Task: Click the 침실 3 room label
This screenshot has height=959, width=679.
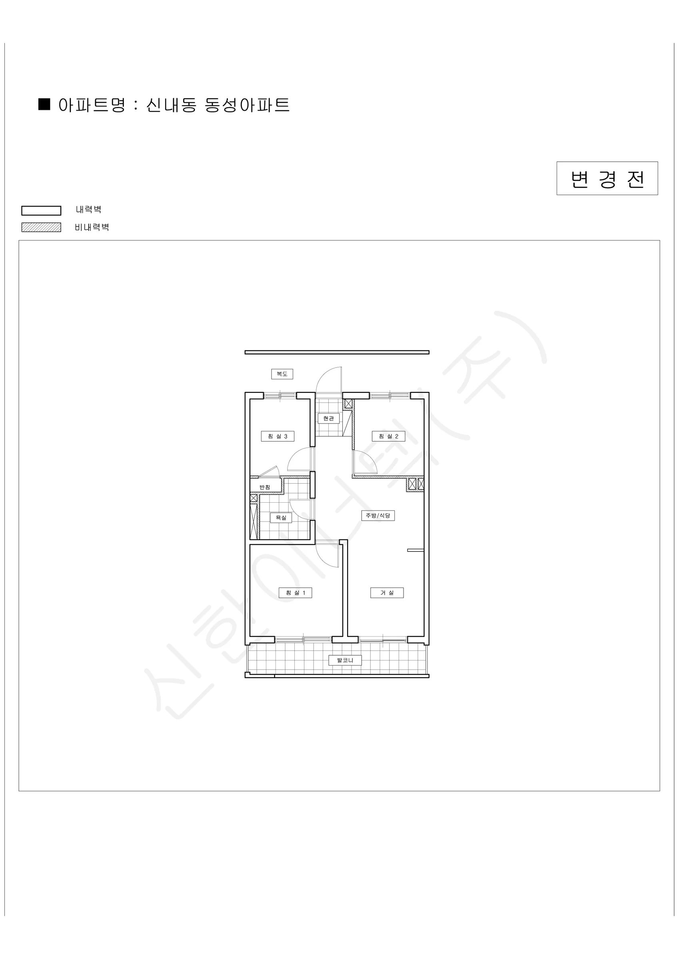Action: pyautogui.click(x=278, y=436)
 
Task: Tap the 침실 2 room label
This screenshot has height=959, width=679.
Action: pyautogui.click(x=388, y=436)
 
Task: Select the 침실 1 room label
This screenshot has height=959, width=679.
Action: pyautogui.click(x=295, y=593)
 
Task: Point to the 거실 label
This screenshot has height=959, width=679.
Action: pyautogui.click(x=387, y=593)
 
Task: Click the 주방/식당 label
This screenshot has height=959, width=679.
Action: pyautogui.click(x=378, y=515)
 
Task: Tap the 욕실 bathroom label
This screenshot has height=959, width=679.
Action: pyautogui.click(x=281, y=518)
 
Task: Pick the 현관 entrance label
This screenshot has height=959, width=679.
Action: pyautogui.click(x=329, y=418)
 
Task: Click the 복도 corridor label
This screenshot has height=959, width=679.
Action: pyautogui.click(x=282, y=374)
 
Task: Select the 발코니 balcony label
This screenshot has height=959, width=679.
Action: pyautogui.click(x=345, y=661)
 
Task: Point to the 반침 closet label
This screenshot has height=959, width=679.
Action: pyautogui.click(x=265, y=487)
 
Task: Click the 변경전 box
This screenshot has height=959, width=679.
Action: pyautogui.click(x=607, y=178)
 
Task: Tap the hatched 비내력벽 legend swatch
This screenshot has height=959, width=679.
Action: pyautogui.click(x=42, y=227)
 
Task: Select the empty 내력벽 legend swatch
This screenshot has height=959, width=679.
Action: pyautogui.click(x=42, y=211)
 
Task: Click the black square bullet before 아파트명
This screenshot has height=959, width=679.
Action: pyautogui.click(x=44, y=104)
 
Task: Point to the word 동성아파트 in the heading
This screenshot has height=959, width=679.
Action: pyautogui.click(x=247, y=105)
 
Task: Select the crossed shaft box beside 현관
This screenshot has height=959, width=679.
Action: pyautogui.click(x=348, y=404)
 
